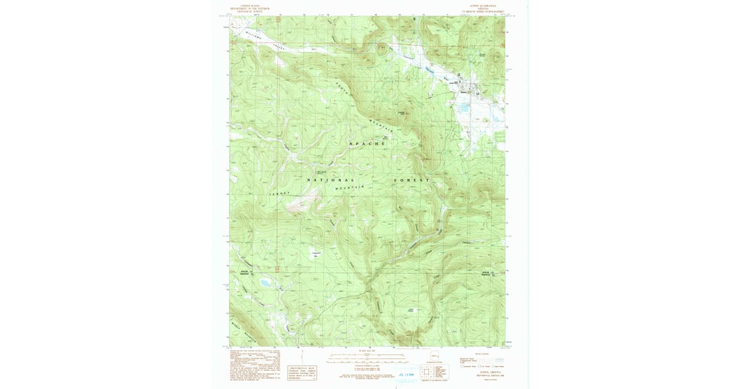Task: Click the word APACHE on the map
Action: tap(367, 143)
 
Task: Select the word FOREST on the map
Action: tap(412, 180)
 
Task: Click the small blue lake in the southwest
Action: tap(266, 283)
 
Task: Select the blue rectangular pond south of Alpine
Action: tap(463, 107)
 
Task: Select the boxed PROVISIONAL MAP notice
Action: tap(303, 373)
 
